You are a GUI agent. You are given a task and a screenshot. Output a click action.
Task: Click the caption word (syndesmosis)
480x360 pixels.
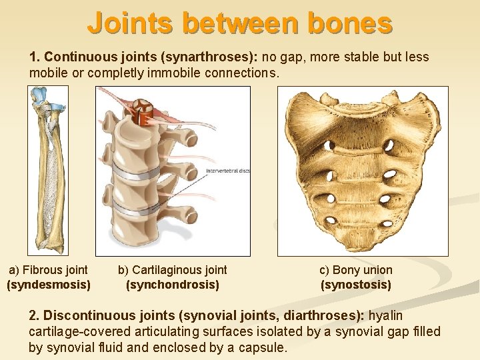pos(49,285)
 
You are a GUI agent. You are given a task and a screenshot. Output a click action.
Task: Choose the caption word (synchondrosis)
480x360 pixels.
pos(173,285)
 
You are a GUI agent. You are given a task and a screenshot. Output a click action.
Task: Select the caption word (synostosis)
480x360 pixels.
pos(356,285)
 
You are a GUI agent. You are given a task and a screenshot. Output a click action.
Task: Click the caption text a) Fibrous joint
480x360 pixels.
pos(48,270)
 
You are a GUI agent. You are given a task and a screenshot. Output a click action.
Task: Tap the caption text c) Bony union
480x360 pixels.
pos(356,270)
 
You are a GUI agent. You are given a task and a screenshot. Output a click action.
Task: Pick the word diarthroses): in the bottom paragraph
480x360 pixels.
pos(329,315)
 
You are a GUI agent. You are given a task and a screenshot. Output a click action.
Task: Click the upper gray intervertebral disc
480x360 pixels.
pos(141,168)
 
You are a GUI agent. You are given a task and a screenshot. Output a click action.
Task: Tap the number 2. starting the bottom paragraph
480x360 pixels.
pos(35,315)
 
